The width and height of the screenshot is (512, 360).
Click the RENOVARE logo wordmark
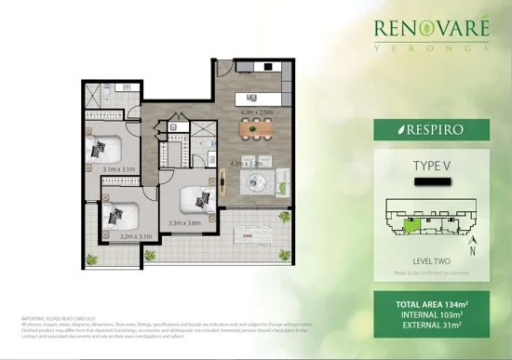[432, 32]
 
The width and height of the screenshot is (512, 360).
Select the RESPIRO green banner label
[431, 130]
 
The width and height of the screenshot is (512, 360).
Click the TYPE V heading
[431, 167]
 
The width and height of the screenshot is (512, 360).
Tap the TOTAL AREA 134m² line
[431, 302]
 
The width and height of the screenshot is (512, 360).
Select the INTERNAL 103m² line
[431, 314]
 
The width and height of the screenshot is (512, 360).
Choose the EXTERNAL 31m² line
[431, 327]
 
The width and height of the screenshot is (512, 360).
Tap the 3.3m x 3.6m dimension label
[186, 223]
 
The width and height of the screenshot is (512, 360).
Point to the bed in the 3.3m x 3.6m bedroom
[197, 197]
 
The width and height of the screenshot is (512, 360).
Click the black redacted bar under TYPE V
[430, 182]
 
